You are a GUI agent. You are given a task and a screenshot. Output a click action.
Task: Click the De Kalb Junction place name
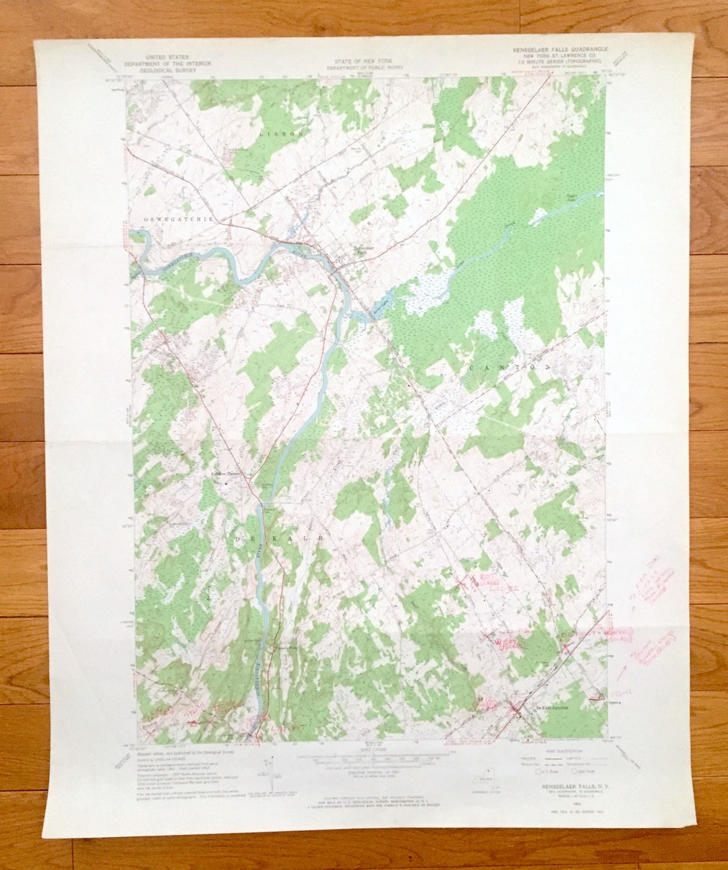tap(551, 708)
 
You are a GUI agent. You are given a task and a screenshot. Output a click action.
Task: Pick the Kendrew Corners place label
tap(227, 473)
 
